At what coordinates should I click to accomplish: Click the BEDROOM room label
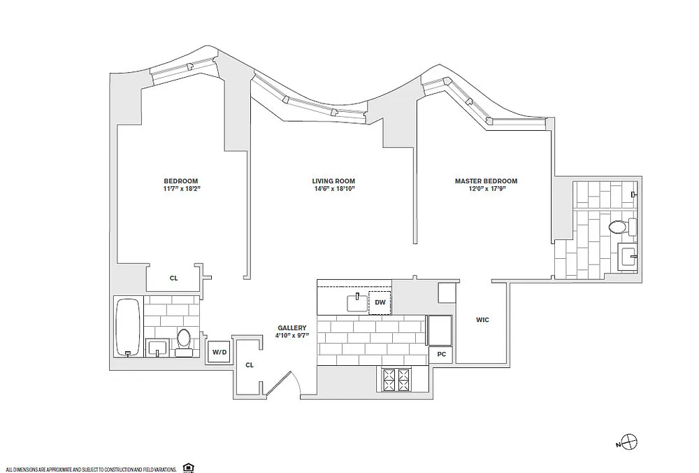(x=180, y=181)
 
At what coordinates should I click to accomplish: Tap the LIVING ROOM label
(x=333, y=181)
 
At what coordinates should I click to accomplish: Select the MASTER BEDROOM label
(x=486, y=181)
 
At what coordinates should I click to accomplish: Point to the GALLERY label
(x=292, y=327)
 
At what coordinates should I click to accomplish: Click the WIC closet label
(x=482, y=320)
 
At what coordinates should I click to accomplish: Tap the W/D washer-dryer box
(x=219, y=352)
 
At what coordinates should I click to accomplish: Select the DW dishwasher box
(x=380, y=302)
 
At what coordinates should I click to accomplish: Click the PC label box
(x=441, y=354)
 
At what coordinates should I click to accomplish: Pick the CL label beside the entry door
(x=250, y=365)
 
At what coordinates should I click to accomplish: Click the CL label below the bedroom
(x=173, y=278)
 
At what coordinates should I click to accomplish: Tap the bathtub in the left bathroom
(x=129, y=327)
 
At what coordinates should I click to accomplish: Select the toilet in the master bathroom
(x=623, y=227)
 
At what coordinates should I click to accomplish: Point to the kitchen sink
(x=357, y=302)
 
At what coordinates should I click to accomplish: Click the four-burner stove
(x=396, y=380)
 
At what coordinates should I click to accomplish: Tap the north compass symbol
(x=630, y=442)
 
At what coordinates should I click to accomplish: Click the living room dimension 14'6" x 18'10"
(x=333, y=188)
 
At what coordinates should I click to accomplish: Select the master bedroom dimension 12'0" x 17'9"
(x=486, y=188)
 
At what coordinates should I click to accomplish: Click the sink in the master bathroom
(x=628, y=257)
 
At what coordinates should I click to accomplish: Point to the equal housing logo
(x=188, y=468)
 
